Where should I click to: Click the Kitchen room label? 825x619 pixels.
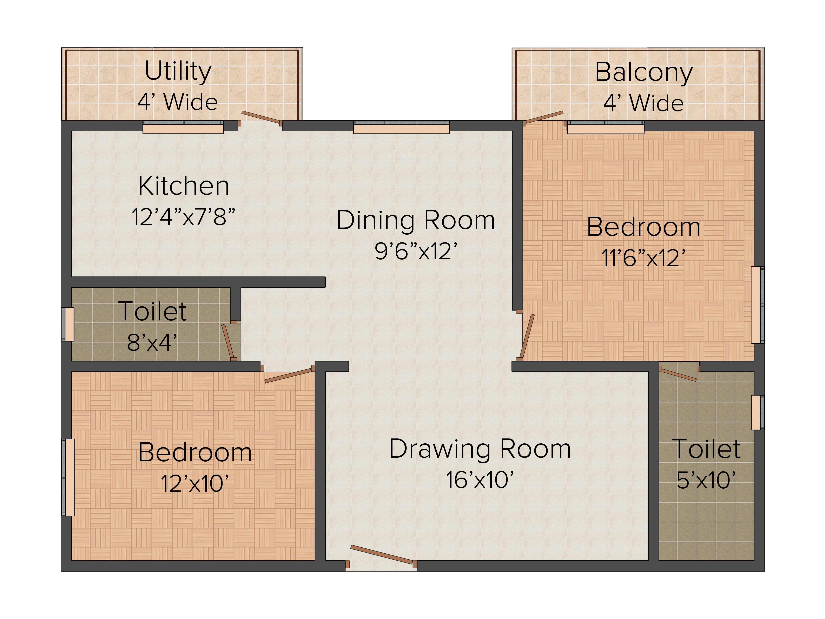click(184, 186)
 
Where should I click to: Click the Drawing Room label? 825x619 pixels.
click(480, 449)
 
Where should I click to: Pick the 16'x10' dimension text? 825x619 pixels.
click(480, 480)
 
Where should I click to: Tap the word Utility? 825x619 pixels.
click(178, 72)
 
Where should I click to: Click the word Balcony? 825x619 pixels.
click(644, 73)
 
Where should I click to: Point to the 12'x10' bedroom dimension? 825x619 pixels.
click(195, 484)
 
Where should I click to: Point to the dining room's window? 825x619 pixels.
click(401, 127)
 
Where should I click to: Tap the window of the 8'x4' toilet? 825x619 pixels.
click(68, 324)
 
